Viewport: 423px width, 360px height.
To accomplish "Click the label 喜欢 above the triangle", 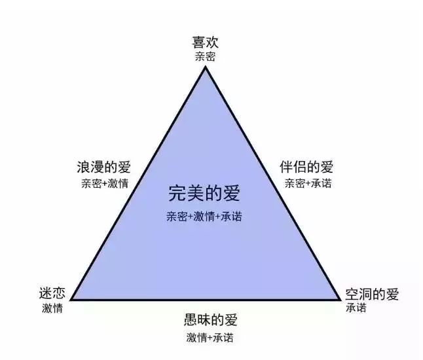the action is click(205, 43).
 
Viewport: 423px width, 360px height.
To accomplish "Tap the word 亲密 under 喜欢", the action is click(205, 57).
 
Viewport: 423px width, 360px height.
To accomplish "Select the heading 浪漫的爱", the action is click(104, 167).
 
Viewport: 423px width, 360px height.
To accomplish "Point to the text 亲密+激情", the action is click(105, 184).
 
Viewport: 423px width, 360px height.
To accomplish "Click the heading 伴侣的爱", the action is click(306, 167).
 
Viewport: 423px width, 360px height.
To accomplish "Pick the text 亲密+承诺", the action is click(308, 184).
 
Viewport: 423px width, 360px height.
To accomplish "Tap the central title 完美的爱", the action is click(204, 193).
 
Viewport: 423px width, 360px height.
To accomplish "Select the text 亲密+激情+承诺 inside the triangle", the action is click(204, 217).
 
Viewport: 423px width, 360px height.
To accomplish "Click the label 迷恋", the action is click(52, 293).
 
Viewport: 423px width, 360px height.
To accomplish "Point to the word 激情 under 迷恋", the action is click(52, 308).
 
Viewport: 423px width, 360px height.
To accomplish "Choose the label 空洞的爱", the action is click(372, 294).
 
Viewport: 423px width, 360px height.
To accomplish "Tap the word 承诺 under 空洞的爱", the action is click(356, 308).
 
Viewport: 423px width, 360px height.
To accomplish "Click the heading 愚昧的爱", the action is click(210, 320).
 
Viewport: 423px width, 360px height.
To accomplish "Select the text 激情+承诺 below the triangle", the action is click(210, 338).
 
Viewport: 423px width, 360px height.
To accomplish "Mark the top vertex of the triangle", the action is click(206, 67).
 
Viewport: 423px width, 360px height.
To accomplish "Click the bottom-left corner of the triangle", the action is click(71, 300).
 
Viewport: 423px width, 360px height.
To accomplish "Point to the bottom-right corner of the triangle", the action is click(341, 299).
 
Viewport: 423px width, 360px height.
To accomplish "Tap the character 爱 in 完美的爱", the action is click(231, 193).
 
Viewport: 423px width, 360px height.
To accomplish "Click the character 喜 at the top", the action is click(198, 43).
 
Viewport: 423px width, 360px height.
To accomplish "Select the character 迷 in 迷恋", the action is click(46, 293).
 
